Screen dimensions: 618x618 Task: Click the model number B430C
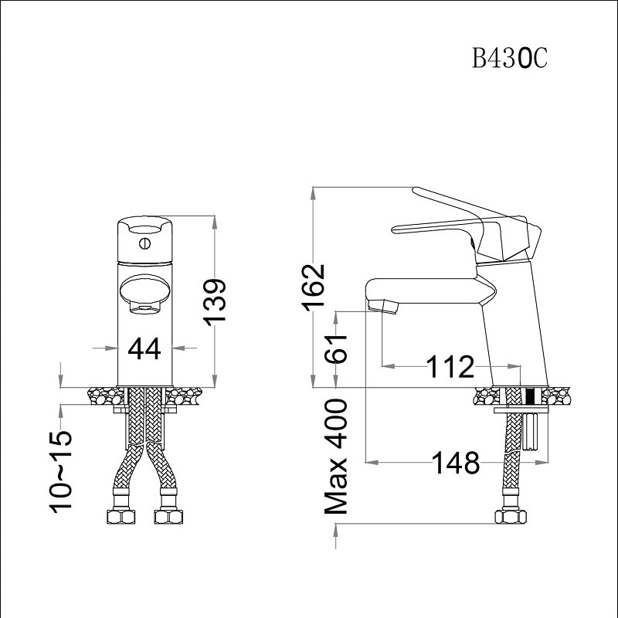510,59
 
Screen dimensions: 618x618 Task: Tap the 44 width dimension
144,349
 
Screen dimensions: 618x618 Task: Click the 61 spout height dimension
336,349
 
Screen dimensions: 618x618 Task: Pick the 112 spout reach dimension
451,366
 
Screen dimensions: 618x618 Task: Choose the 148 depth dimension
457,463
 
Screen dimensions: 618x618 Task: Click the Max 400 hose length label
336,457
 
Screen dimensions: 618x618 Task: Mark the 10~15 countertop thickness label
61,472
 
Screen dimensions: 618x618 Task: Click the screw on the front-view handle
145,243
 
